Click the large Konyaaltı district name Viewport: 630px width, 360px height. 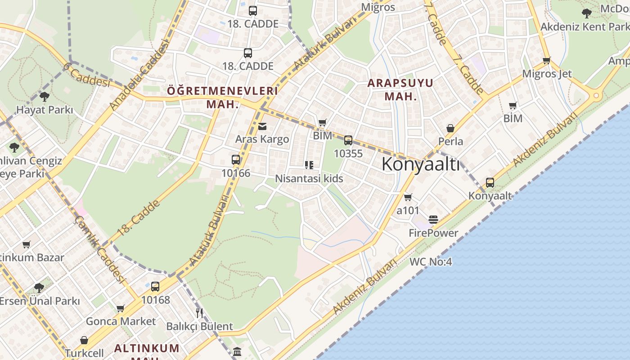tap(420, 165)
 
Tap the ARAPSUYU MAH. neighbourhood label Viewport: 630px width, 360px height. tap(400, 90)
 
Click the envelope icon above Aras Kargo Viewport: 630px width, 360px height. tap(262, 126)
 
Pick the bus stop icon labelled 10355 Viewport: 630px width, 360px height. tap(348, 140)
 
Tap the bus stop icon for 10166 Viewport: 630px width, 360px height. tap(236, 160)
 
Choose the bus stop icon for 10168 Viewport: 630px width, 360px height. tap(155, 287)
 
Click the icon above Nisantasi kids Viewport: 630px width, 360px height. tap(309, 165)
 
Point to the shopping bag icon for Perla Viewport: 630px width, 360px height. tap(450, 129)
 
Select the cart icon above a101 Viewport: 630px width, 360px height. tap(408, 198)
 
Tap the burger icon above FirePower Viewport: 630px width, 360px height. tap(433, 220)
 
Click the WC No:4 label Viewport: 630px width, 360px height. tap(431, 261)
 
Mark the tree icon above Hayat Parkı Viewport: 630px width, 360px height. tap(44, 96)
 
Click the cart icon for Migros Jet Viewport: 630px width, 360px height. tap(547, 61)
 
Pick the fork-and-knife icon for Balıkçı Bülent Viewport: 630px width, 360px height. tap(199, 313)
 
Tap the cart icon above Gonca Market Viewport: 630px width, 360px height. tap(120, 309)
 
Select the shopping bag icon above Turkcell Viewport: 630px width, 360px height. tap(84, 340)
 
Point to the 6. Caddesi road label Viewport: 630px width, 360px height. tap(86, 75)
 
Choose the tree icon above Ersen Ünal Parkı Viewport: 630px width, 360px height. tap(39, 288)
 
